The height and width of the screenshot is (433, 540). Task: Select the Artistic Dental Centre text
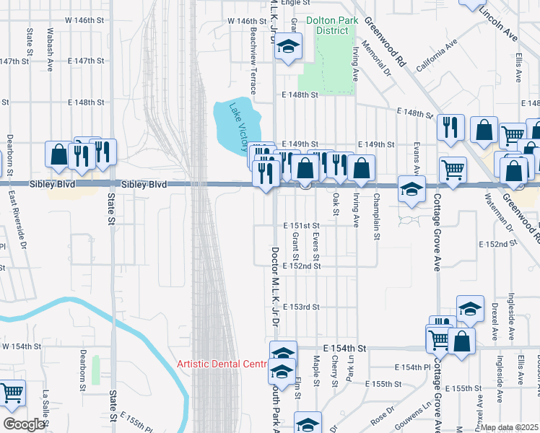223,363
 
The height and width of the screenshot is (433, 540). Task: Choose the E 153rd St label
301,307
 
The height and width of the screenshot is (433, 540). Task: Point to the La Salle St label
45,405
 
